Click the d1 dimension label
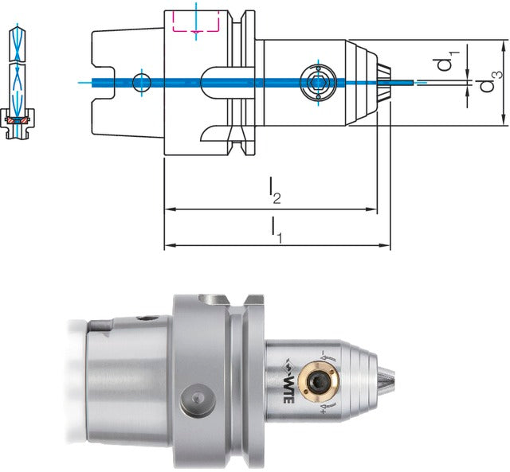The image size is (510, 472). pyautogui.click(x=448, y=60)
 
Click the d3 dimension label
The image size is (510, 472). pyautogui.click(x=492, y=81)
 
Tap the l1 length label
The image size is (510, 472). pyautogui.click(x=277, y=230)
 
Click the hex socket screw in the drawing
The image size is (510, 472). pyautogui.click(x=318, y=83)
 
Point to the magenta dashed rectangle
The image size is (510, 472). pyautogui.click(x=195, y=21)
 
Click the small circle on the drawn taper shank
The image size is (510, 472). pyautogui.click(x=142, y=83)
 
